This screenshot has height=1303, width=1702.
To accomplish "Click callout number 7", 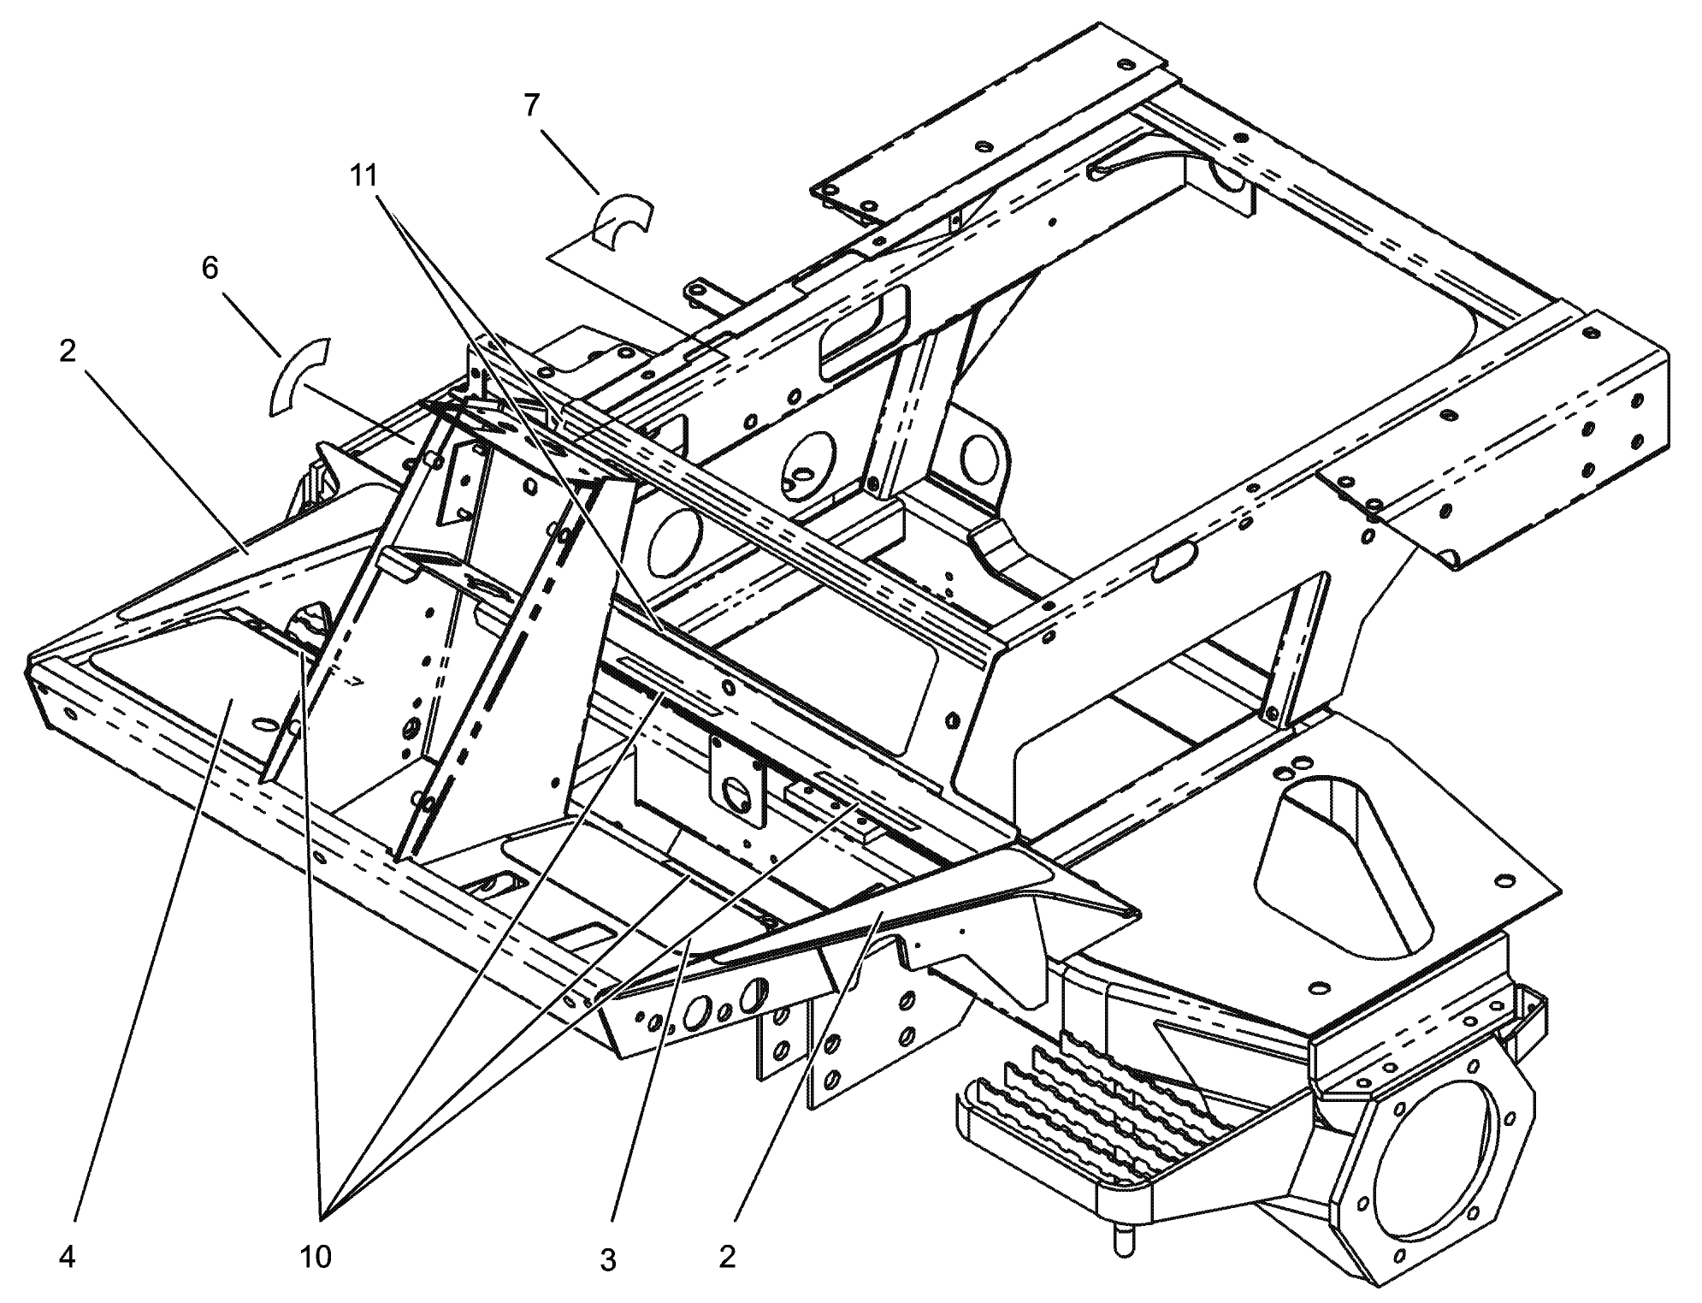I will pos(531,105).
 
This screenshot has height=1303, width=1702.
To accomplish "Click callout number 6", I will pos(210,269).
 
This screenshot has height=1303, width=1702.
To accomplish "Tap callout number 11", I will pos(363,175).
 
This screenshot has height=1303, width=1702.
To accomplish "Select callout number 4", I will pos(68,1258).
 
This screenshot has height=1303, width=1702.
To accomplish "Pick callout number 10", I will pos(315,1257).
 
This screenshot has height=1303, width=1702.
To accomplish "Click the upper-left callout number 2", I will pos(68,352).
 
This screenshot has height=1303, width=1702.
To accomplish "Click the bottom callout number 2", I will pos(727,1257).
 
